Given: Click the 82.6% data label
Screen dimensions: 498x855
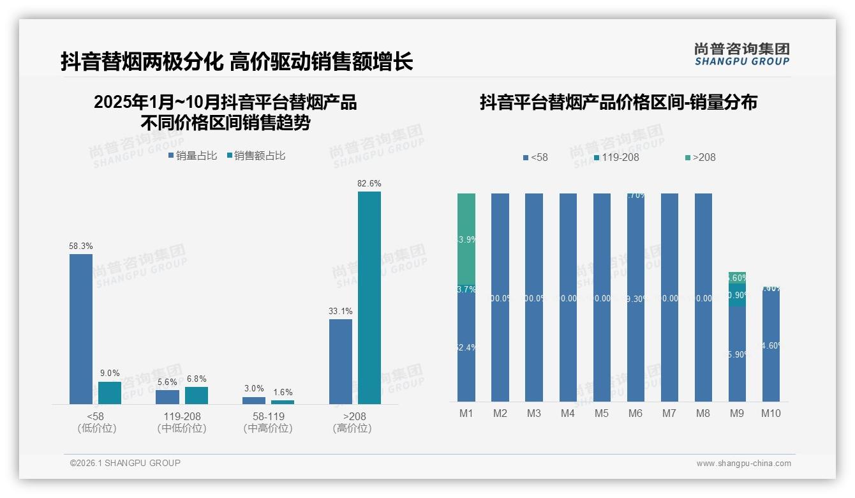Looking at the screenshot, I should coord(369,184).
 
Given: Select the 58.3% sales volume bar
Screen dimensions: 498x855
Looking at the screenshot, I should coord(81,329).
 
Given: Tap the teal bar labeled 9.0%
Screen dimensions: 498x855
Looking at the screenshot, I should coord(110,393).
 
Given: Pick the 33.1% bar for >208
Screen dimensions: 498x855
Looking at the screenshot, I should coord(341,361).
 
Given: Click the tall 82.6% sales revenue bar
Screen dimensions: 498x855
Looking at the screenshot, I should coord(369,298).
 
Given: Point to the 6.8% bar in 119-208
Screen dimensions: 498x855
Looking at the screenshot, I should coord(197,395).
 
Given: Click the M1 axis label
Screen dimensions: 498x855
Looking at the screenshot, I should coord(466,413).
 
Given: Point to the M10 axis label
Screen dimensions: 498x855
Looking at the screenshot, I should coord(771,413).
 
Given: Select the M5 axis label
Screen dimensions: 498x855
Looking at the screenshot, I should coord(602,413).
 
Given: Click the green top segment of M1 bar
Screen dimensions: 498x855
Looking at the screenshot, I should coord(466,238).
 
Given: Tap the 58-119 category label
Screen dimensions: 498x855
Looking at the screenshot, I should coord(268,416).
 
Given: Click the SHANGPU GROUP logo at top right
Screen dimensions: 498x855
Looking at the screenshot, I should coord(741,54).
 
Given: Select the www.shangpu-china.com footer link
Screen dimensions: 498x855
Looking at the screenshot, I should coord(743,464).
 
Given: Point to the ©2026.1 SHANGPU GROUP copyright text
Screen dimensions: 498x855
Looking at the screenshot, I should coord(125,463).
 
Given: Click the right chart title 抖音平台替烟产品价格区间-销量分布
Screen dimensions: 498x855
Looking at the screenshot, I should coord(618,103).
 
